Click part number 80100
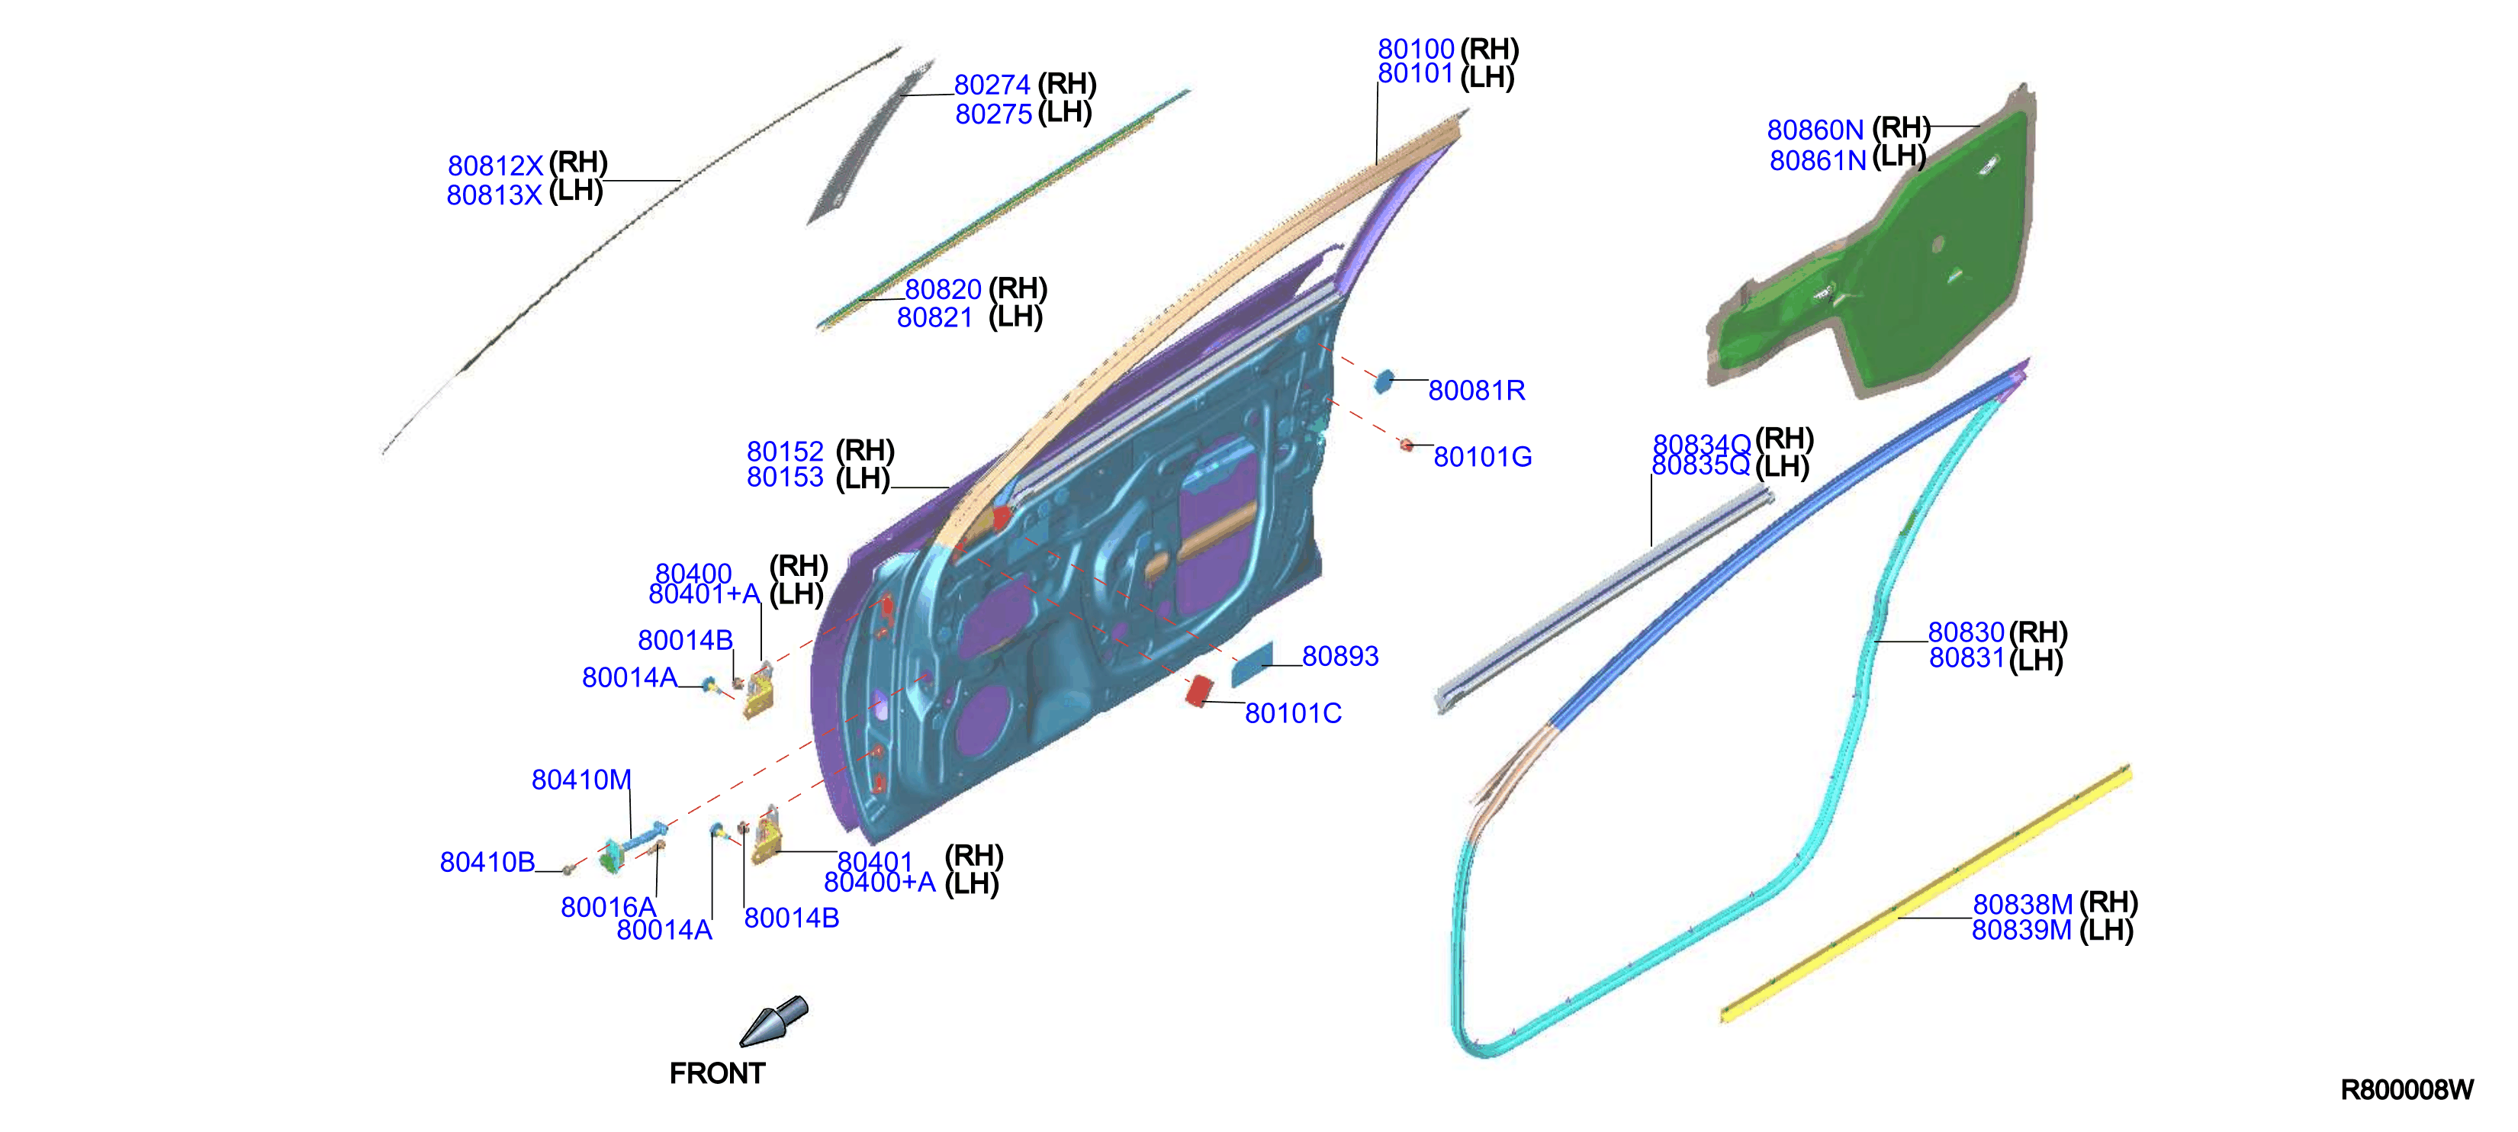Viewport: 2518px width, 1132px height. coord(1416,49)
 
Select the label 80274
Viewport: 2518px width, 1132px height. coord(992,85)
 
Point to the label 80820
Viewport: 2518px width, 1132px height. coord(944,289)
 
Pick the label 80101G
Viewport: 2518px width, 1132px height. coord(1482,456)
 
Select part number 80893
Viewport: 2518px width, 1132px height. coord(1340,656)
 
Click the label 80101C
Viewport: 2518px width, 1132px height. coord(1292,714)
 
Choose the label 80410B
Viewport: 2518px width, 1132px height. coord(487,862)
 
